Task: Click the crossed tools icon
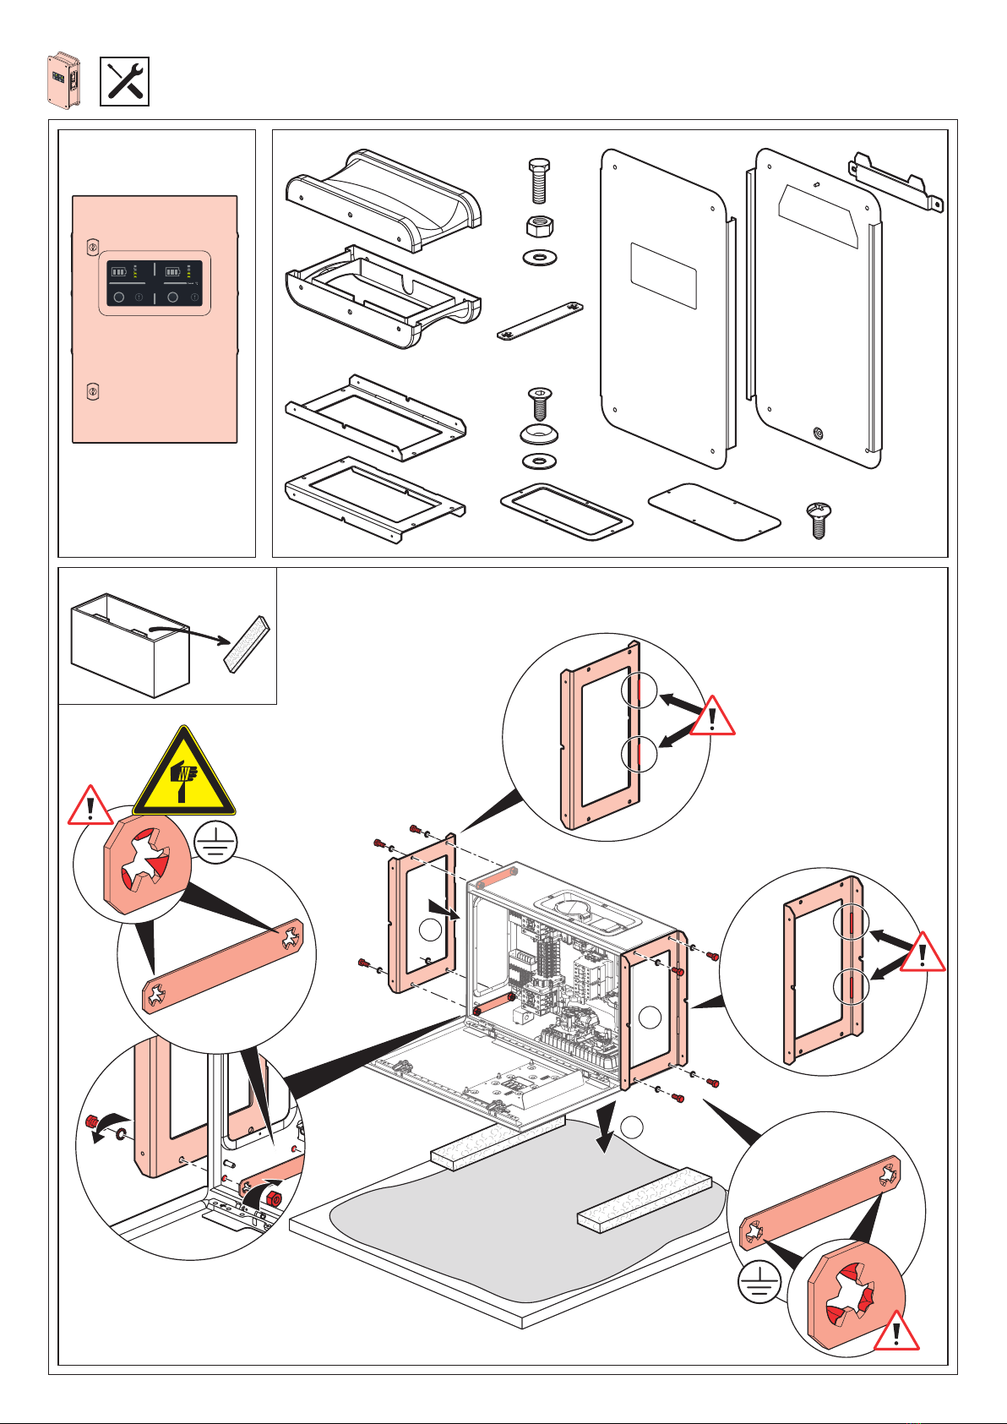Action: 124,82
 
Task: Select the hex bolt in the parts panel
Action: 540,180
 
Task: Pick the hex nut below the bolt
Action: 540,226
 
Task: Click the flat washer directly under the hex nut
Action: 540,257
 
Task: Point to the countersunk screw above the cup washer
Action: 540,404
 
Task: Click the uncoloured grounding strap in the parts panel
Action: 542,322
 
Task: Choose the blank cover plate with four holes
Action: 714,512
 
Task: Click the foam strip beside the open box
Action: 247,643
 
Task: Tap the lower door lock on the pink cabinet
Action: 94,392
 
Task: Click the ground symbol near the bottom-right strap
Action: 759,1285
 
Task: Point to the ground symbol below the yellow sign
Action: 215,843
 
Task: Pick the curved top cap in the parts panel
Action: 384,201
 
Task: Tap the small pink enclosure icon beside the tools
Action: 63,81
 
